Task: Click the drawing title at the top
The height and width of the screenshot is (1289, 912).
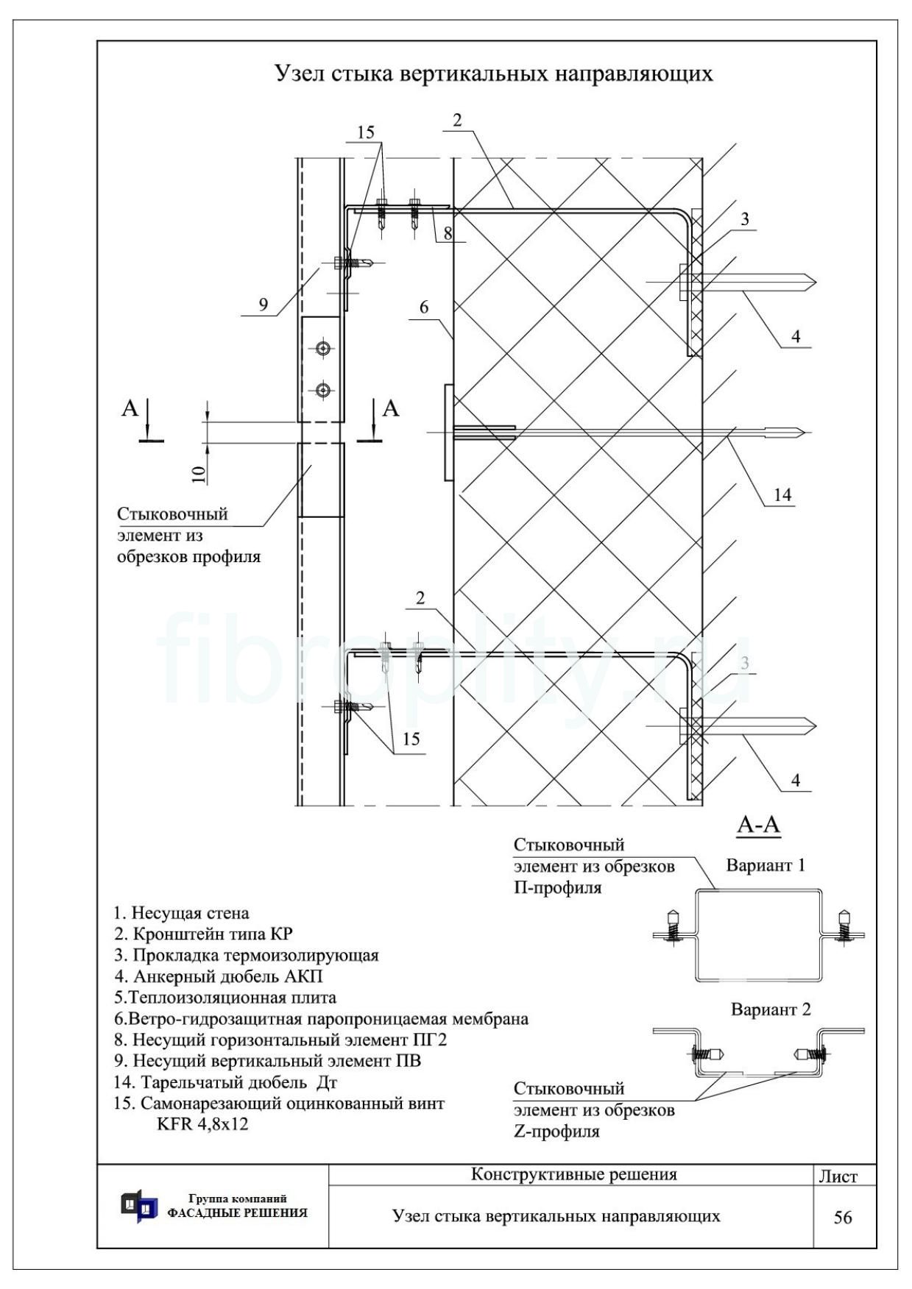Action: pyautogui.click(x=493, y=74)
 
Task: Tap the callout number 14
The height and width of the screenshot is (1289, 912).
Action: pyautogui.click(x=782, y=495)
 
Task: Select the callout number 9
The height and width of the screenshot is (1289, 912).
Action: pyautogui.click(x=264, y=305)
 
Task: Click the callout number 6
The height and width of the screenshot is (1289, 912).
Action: pyautogui.click(x=424, y=308)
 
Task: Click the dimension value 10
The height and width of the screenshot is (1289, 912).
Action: pyautogui.click(x=199, y=473)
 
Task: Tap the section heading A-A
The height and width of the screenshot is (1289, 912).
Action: pyautogui.click(x=758, y=826)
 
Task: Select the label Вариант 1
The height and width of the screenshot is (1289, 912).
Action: pyautogui.click(x=766, y=865)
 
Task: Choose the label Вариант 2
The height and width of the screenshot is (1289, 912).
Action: pyautogui.click(x=771, y=1009)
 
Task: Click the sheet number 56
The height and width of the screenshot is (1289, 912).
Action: pyautogui.click(x=843, y=1218)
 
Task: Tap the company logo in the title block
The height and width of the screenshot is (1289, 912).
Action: pyautogui.click(x=139, y=1207)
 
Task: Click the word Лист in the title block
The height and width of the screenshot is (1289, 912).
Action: pyautogui.click(x=838, y=1176)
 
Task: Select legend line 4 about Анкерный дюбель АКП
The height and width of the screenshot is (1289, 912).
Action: pyautogui.click(x=218, y=976)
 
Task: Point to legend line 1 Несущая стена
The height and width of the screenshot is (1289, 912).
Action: pyautogui.click(x=181, y=913)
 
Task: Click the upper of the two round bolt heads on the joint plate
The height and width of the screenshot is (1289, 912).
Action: pyautogui.click(x=322, y=347)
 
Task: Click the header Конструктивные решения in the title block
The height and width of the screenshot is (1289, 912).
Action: pyautogui.click(x=573, y=1174)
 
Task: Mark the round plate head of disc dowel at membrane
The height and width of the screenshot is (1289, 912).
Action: pyautogui.click(x=448, y=433)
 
